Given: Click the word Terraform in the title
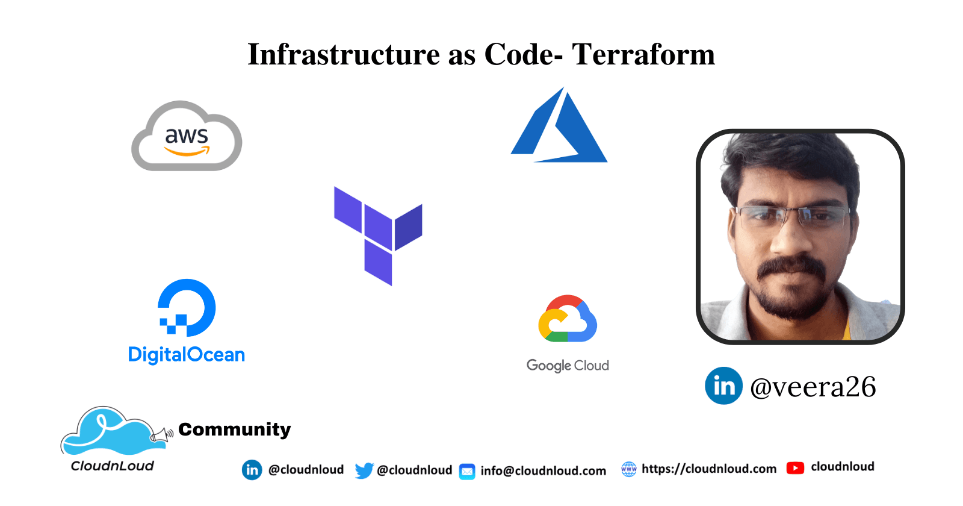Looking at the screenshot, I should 643,54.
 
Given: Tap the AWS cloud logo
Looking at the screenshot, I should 187,137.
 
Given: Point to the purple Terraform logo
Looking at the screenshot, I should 378,235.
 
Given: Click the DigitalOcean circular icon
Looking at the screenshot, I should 187,307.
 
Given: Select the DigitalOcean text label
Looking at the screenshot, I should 187,355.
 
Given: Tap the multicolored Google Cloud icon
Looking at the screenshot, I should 568,319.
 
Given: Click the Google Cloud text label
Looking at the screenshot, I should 568,366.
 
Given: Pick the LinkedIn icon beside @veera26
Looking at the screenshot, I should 723,386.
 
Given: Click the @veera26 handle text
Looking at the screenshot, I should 813,387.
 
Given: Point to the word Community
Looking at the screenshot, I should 235,429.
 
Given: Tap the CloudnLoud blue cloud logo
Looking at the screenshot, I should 108,431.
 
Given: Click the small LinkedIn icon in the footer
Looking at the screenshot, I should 252,470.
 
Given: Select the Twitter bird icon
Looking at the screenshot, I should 364,470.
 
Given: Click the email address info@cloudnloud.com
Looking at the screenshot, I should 543,471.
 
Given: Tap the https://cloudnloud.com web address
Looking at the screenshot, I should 709,469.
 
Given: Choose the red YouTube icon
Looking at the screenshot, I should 795,468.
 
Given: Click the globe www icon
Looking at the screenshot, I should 628,469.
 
